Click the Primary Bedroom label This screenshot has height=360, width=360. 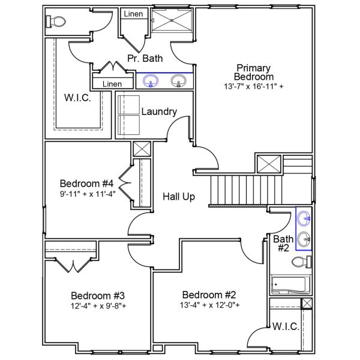(x=254, y=72)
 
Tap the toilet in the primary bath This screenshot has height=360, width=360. (x=56, y=22)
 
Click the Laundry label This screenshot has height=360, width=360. (x=158, y=112)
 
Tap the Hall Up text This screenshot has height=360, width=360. (x=179, y=196)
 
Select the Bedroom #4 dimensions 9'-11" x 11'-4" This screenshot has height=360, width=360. (x=87, y=194)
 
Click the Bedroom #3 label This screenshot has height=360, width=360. (x=97, y=295)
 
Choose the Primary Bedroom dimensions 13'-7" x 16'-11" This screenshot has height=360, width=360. (x=254, y=86)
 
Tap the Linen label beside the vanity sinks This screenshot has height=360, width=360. (x=112, y=84)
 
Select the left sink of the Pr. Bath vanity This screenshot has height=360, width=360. (x=150, y=80)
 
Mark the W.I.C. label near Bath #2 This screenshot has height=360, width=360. (x=285, y=327)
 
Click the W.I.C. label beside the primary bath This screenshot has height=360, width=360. (x=78, y=98)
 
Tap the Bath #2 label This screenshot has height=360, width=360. (x=283, y=243)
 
